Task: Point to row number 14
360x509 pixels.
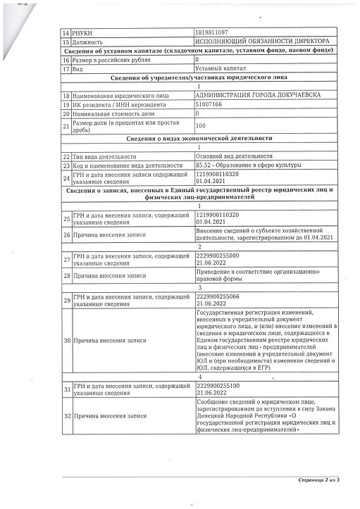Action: [x=67, y=33]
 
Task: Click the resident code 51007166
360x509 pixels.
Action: [x=208, y=103]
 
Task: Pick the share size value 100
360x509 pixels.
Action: [x=200, y=125]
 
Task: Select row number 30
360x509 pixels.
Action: [x=67, y=341]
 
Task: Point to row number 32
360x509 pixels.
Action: [x=67, y=417]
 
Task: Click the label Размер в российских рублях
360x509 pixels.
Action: [x=107, y=60]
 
